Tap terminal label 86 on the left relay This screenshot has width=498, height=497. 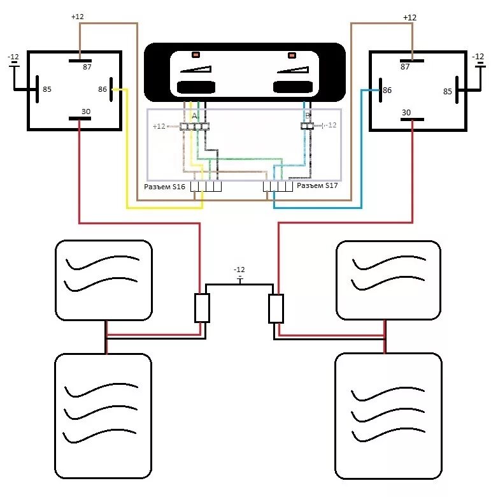[103, 89]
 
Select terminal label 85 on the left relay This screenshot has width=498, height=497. [47, 89]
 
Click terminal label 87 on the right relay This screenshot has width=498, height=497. [404, 66]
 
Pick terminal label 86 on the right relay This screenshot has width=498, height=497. [387, 91]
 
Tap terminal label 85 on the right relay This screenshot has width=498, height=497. [448, 92]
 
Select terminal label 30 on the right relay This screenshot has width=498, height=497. [406, 113]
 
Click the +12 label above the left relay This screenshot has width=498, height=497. [77, 17]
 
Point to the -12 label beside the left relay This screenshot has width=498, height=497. [13, 57]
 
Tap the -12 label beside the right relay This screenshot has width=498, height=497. [478, 57]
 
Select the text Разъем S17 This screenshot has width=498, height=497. [318, 186]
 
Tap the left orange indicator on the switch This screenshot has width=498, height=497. [196, 55]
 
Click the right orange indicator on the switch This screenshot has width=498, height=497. [292, 55]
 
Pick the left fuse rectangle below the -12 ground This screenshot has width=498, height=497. [202, 308]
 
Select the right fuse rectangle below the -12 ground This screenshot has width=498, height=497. [276, 308]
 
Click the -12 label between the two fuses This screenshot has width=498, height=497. [239, 270]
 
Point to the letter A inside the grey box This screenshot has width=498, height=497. [194, 116]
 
